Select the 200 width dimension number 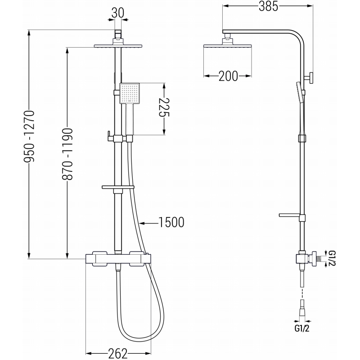pyautogui.click(x=228, y=76)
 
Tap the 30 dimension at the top pyautogui.click(x=118, y=13)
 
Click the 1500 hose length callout pyautogui.click(x=171, y=222)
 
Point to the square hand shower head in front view pyautogui.click(x=130, y=94)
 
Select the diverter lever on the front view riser pyautogui.click(x=109, y=135)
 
